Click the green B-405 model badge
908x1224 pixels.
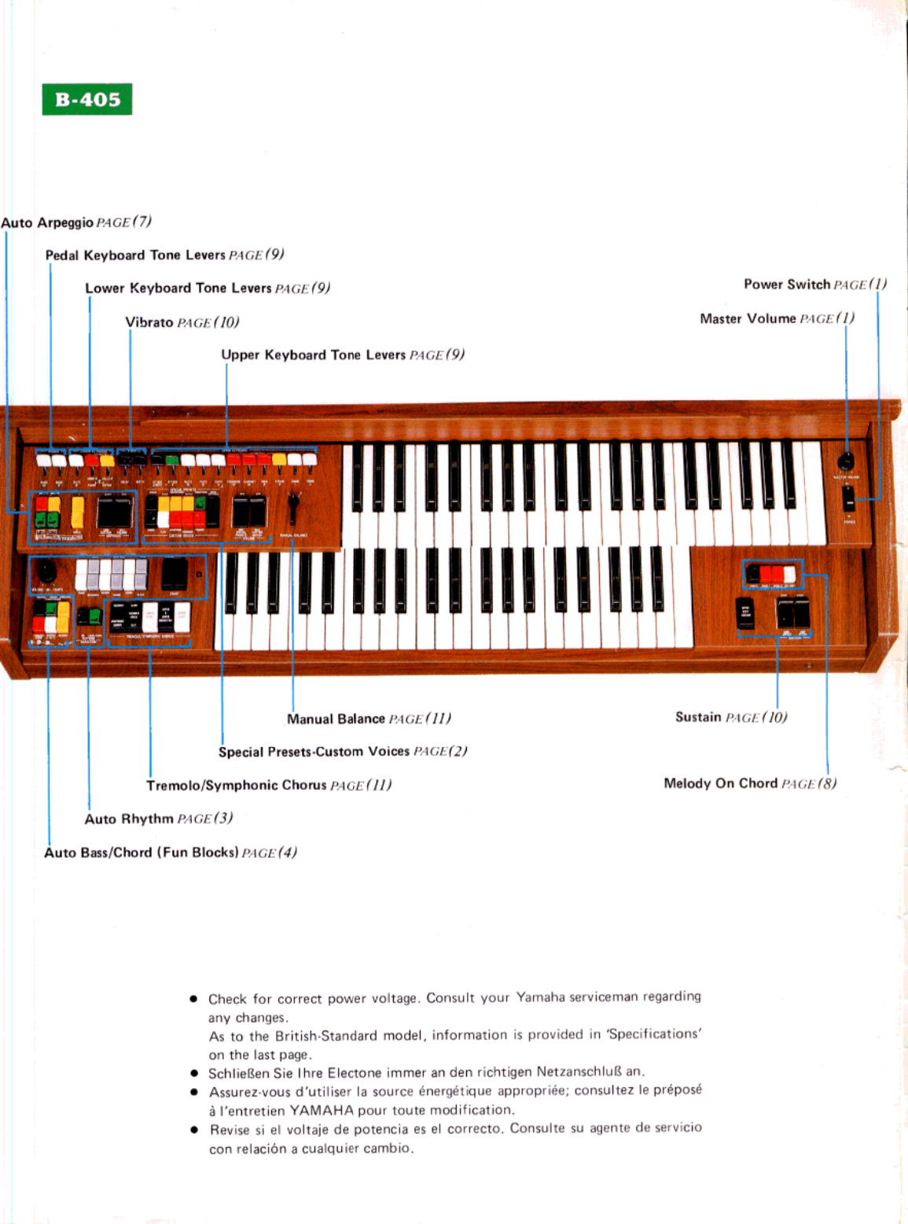point(86,100)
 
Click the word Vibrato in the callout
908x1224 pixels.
point(149,322)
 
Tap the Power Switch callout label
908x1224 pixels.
point(787,285)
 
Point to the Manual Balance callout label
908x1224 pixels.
point(336,719)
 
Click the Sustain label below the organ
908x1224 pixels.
point(698,717)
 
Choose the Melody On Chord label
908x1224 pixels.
point(720,784)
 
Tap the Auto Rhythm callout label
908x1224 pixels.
point(129,819)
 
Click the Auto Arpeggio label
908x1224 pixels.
point(47,223)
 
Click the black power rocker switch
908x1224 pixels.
point(848,498)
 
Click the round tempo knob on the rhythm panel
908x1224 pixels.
point(47,572)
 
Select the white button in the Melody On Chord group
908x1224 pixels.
point(789,575)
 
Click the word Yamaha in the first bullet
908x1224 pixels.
point(540,998)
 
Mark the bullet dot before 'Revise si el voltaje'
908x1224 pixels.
point(194,1130)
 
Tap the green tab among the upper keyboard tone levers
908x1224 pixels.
point(172,460)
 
